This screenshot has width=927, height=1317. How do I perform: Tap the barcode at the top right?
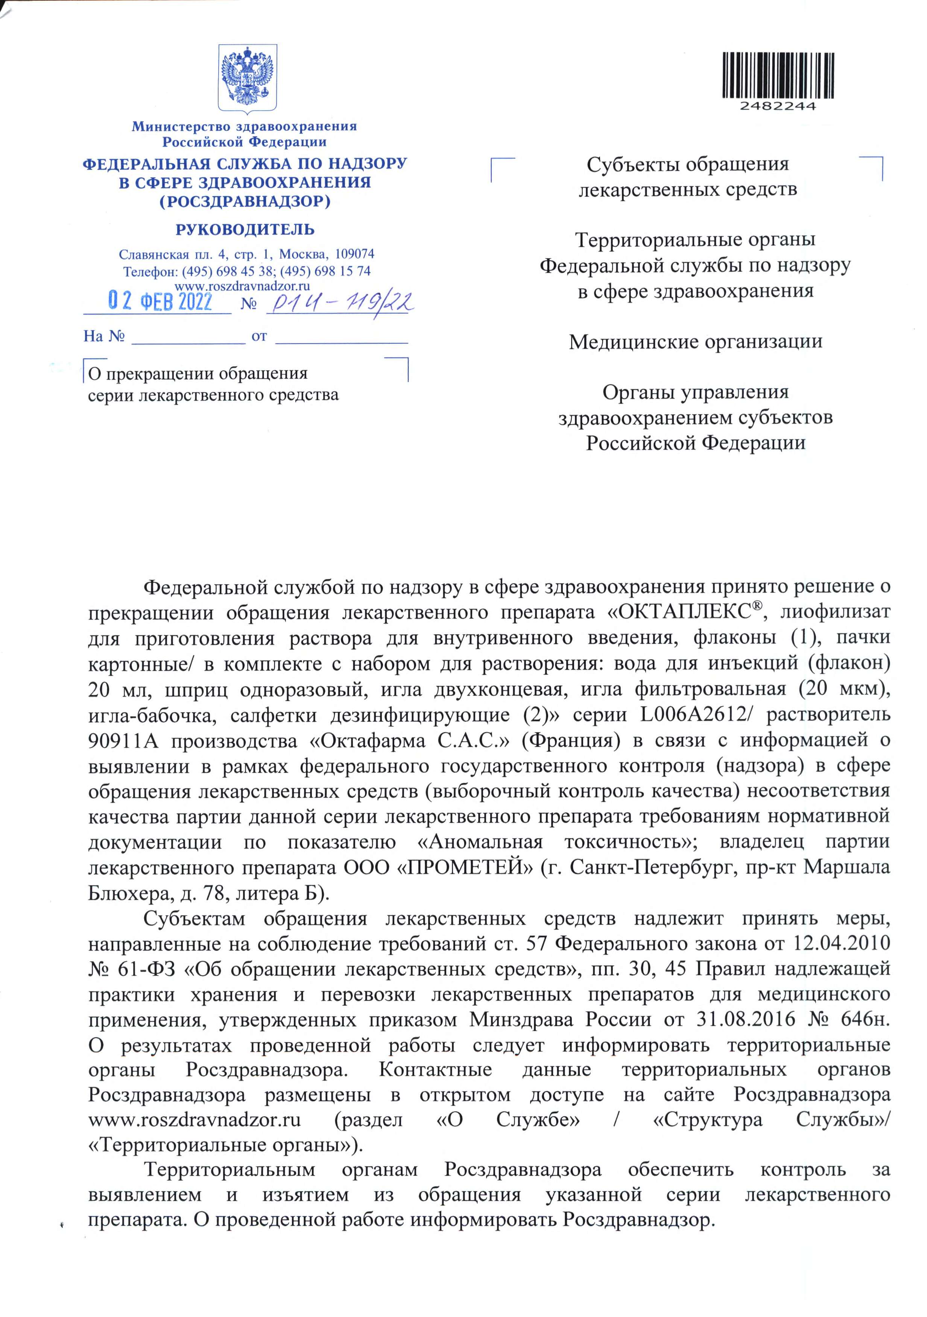[778, 75]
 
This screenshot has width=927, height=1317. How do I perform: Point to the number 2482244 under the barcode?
[778, 107]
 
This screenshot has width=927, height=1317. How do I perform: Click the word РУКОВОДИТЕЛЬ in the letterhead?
[245, 230]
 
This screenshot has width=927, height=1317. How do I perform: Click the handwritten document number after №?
[341, 302]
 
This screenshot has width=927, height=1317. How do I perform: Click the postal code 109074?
[354, 254]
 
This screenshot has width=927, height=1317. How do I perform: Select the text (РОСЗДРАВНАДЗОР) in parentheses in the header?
[245, 201]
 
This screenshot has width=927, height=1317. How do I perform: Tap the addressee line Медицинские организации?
[695, 342]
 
